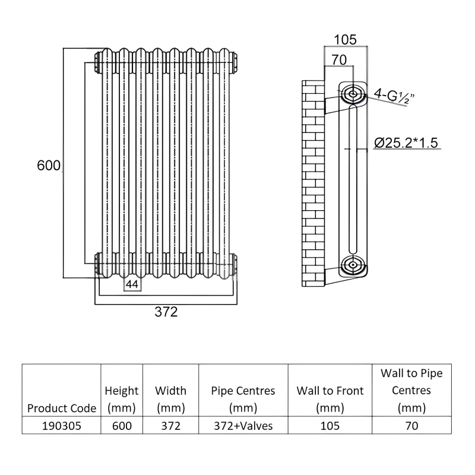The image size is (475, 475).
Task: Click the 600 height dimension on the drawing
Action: (x=49, y=166)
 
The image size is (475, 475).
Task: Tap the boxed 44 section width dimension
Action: (x=132, y=285)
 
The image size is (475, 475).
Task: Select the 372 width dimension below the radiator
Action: (x=166, y=312)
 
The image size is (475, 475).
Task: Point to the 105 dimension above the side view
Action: (x=344, y=40)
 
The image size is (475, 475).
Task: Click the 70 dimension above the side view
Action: (x=338, y=59)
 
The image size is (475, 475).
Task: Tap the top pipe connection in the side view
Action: (x=351, y=93)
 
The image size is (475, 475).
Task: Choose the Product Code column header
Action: (x=62, y=408)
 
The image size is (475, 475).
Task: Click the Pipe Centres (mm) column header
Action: (x=243, y=400)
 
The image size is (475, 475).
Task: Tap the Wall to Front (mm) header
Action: (x=330, y=400)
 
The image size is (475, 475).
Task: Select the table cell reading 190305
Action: (x=62, y=426)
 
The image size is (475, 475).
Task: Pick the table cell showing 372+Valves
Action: (x=243, y=426)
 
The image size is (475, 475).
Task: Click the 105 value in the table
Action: (x=330, y=426)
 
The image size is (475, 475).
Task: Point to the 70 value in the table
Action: (x=411, y=426)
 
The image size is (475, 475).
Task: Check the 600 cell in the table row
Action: (x=122, y=426)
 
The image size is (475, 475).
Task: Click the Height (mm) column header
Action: (x=122, y=400)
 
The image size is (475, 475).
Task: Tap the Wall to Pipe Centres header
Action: (x=411, y=391)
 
